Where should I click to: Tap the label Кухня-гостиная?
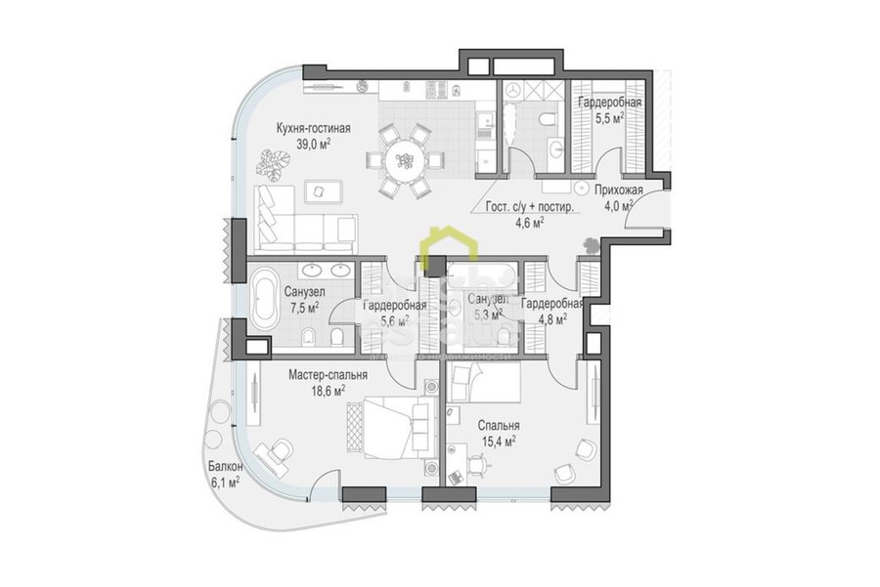(x=313, y=128)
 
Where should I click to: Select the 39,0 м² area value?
(x=313, y=144)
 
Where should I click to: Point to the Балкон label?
(x=224, y=467)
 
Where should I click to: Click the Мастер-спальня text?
(x=328, y=374)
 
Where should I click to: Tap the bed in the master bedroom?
(x=389, y=426)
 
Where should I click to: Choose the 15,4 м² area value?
(x=498, y=441)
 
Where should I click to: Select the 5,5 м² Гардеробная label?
(x=609, y=103)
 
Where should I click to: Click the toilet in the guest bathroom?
(x=548, y=119)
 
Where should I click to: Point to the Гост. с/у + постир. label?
(x=531, y=206)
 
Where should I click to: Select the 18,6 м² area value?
(x=328, y=391)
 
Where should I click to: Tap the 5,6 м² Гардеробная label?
(x=394, y=306)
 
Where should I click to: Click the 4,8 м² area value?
(x=551, y=319)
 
